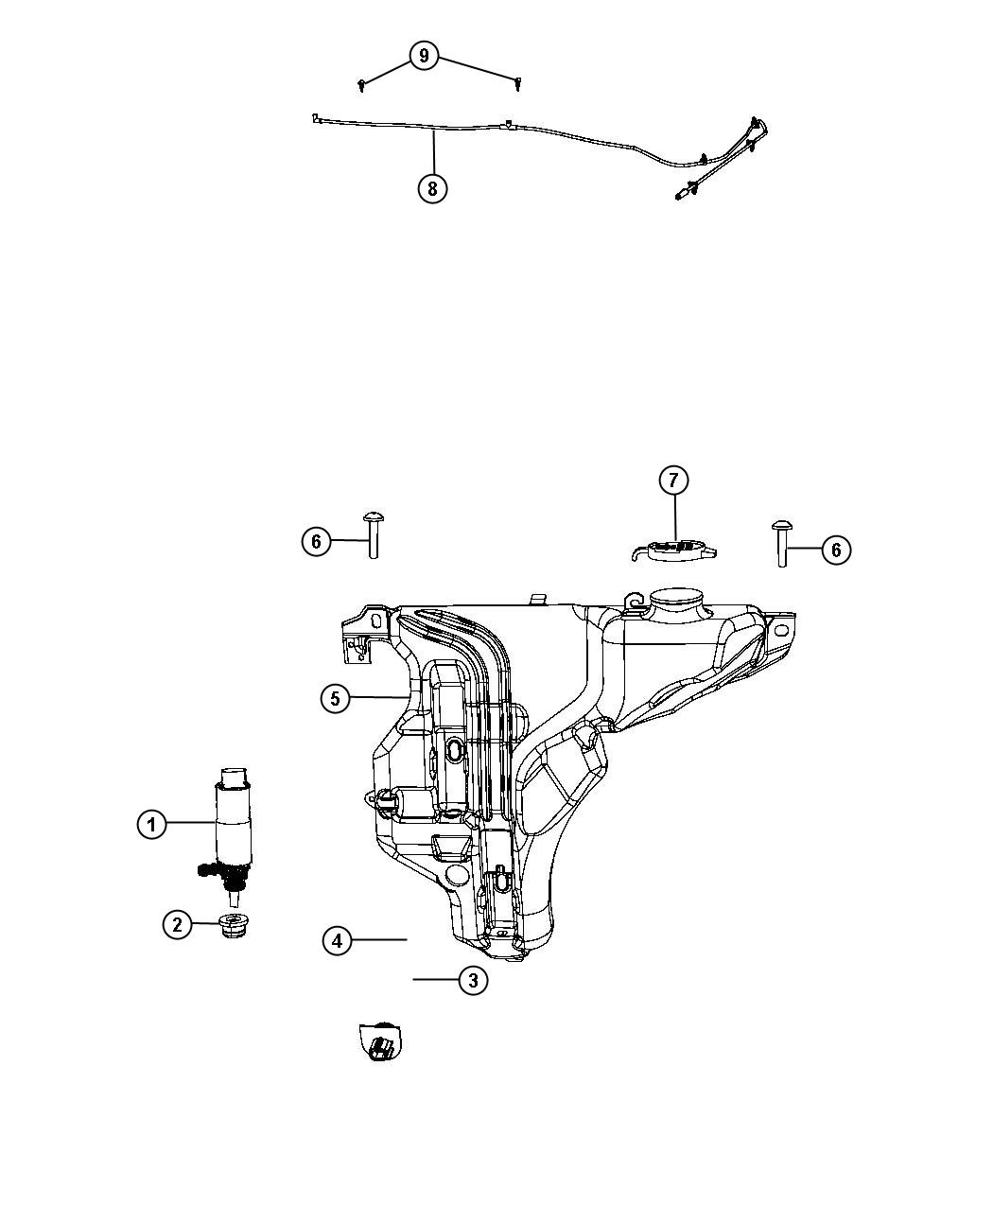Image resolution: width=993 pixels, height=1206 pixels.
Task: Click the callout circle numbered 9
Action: pos(424,56)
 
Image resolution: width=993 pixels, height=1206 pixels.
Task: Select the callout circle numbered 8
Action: pos(432,188)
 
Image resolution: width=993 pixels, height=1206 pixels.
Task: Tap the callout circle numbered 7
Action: pos(673,481)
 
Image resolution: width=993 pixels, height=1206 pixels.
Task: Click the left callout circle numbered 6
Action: pos(317,542)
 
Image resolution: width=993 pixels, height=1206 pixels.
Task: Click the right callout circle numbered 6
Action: pos(836,550)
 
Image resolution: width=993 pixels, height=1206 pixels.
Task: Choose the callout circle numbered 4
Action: pos(338,940)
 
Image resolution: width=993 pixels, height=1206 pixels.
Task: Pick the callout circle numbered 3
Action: pos(473,980)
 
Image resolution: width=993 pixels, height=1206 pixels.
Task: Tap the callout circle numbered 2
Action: pos(178,924)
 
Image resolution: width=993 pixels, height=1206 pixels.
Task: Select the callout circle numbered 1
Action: pos(151,824)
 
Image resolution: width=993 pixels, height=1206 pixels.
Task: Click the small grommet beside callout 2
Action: pos(231,925)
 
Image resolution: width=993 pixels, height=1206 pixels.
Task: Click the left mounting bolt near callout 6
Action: pos(373,534)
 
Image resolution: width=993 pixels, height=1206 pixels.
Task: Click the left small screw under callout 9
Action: pos(363,86)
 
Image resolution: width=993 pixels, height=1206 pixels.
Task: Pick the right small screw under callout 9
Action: pos(518,84)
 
